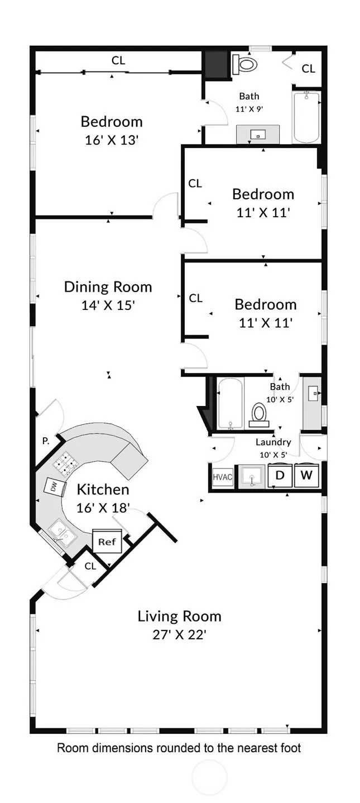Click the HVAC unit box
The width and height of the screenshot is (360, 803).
click(x=223, y=477)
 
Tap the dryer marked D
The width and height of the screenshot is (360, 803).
click(x=280, y=475)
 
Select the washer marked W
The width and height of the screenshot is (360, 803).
click(x=306, y=475)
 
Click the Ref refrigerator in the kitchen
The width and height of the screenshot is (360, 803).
click(x=107, y=541)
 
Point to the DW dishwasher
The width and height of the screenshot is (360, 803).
click(x=54, y=487)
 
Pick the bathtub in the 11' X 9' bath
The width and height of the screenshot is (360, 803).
click(x=306, y=118)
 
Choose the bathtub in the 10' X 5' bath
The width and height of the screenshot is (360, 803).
click(x=231, y=403)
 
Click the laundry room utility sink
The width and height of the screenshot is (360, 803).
click(x=252, y=476)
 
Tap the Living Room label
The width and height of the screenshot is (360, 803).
click(x=180, y=616)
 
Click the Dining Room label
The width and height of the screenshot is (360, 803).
click(x=108, y=287)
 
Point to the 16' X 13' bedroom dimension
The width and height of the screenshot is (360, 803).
click(x=112, y=140)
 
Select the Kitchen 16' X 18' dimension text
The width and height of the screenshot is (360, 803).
click(x=103, y=508)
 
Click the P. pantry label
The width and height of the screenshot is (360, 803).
click(x=46, y=441)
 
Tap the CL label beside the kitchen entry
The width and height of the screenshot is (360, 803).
click(x=90, y=566)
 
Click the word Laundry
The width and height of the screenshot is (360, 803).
click(x=273, y=442)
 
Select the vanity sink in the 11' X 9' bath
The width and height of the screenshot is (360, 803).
click(x=258, y=135)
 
